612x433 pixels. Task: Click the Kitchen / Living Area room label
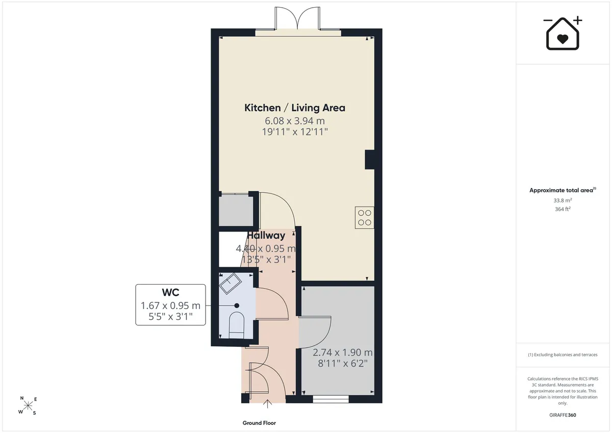pyautogui.click(x=295, y=108)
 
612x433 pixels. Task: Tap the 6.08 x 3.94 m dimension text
pyautogui.click(x=295, y=120)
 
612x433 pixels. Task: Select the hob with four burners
pyautogui.click(x=365, y=217)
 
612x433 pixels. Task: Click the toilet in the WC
pyautogui.click(x=236, y=325)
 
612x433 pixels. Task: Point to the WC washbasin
pyautogui.click(x=231, y=283)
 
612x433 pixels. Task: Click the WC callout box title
pyautogui.click(x=170, y=292)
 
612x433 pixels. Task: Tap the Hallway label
pyautogui.click(x=266, y=236)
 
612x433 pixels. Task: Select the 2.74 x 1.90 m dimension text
pyautogui.click(x=343, y=352)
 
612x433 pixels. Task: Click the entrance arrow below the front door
pyautogui.click(x=267, y=404)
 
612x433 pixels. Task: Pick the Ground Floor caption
pyautogui.click(x=259, y=423)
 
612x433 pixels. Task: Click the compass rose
pyautogui.click(x=28, y=405)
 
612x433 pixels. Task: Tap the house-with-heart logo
pyautogui.click(x=563, y=33)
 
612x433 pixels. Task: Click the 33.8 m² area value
pyautogui.click(x=563, y=200)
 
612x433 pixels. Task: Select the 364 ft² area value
pyautogui.click(x=563, y=209)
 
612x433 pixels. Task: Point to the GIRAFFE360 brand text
pyautogui.click(x=563, y=415)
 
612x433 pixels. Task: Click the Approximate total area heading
pyautogui.click(x=563, y=190)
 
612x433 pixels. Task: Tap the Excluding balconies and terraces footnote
pyautogui.click(x=563, y=354)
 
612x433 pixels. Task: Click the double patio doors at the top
pyautogui.click(x=297, y=18)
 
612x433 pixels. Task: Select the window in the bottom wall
pyautogui.click(x=331, y=400)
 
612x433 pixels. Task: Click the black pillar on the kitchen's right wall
pyautogui.click(x=370, y=160)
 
